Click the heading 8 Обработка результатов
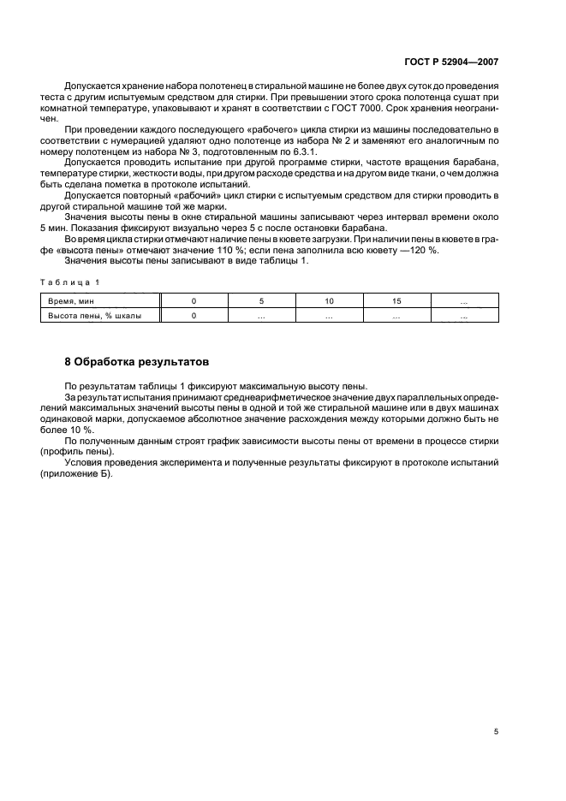point(136,361)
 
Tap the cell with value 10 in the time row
point(329,301)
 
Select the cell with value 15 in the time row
point(396,301)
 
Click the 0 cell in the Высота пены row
point(194,316)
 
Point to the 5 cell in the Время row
point(261,301)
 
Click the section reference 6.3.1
point(304,151)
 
